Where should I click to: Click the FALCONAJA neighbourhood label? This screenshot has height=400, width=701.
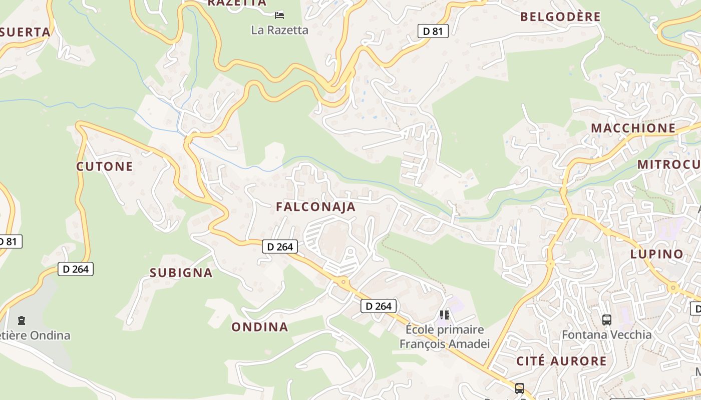click(x=315, y=207)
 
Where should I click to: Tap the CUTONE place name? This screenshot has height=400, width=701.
click(x=105, y=166)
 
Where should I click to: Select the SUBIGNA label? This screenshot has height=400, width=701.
click(x=181, y=273)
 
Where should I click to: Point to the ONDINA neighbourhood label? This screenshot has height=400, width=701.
click(x=259, y=327)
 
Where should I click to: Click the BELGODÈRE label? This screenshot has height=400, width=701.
click(x=560, y=17)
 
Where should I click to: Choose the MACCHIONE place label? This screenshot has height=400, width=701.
click(x=633, y=128)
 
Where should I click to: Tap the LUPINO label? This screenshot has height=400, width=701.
click(x=657, y=254)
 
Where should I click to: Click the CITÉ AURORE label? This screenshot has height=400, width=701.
click(x=561, y=361)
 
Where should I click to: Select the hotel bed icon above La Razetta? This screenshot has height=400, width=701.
click(x=279, y=15)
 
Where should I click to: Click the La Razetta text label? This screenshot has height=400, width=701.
click(x=279, y=30)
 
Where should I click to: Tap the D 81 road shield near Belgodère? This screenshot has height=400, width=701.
click(x=433, y=31)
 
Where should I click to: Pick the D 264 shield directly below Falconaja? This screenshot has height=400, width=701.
click(x=280, y=246)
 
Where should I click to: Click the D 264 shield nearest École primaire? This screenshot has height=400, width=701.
click(x=379, y=306)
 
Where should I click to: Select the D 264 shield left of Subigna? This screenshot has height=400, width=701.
click(x=76, y=269)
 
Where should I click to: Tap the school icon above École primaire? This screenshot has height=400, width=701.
click(x=444, y=315)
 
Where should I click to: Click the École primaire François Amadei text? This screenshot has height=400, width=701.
click(x=444, y=336)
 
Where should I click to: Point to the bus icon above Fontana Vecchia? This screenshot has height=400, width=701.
click(x=606, y=319)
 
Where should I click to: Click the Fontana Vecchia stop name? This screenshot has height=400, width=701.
click(x=606, y=334)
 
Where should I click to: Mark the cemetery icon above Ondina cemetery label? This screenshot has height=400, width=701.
click(x=21, y=320)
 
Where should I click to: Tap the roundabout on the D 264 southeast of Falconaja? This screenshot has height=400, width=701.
click(x=343, y=282)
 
